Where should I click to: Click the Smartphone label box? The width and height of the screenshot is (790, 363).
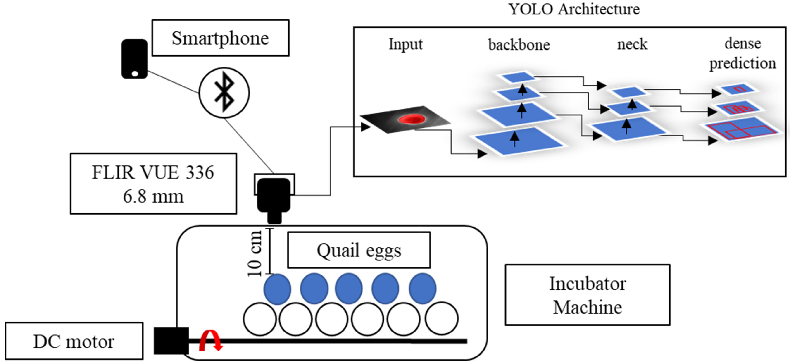220,38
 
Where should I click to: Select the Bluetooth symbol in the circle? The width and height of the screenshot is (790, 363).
224,92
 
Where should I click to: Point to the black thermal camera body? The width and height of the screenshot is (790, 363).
274,195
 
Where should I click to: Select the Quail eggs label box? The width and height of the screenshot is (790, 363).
359,250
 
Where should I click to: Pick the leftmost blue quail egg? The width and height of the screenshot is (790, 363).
277,289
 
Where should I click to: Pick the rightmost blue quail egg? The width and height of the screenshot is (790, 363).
422,288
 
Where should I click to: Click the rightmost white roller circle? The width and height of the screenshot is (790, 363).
442,318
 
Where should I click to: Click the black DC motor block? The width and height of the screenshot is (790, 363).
171,340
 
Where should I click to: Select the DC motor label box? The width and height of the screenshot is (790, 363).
74,341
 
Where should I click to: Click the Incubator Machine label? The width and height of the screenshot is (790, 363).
587,295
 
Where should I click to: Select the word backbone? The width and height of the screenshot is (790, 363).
519,45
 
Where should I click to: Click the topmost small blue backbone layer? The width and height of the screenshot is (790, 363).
518,77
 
